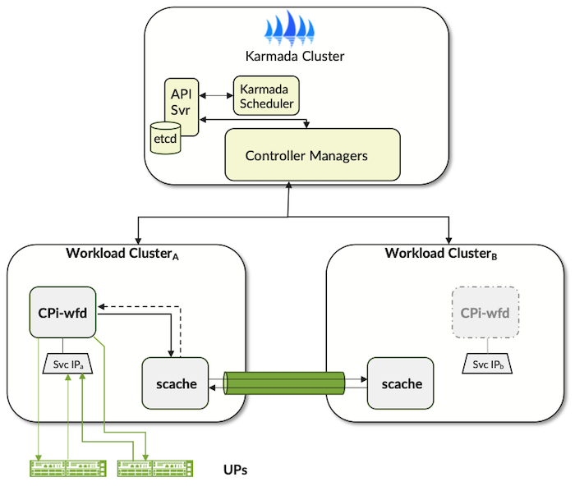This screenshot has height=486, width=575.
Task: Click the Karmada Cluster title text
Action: point(295,57)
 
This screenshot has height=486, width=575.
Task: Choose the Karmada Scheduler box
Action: point(266,96)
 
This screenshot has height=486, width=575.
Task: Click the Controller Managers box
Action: point(312,154)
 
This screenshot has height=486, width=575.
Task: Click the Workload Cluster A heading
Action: point(122,252)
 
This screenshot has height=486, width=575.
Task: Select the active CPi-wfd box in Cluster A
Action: point(62,311)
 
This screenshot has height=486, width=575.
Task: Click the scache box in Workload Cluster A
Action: point(174,383)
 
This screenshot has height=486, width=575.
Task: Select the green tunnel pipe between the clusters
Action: point(287,384)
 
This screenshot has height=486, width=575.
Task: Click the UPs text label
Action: point(235,470)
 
